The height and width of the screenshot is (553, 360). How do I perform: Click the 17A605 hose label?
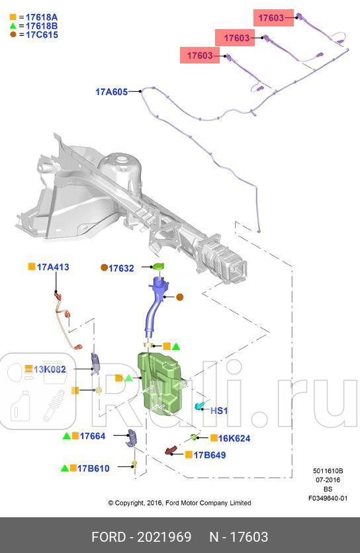point(112,92)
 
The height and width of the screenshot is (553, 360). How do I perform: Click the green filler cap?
point(159,267)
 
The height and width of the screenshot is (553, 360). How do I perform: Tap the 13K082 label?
point(50,369)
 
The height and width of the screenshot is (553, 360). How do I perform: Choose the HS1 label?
point(219,411)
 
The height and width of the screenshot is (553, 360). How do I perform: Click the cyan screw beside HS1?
point(199,406)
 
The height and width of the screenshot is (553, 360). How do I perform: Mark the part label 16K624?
point(234,439)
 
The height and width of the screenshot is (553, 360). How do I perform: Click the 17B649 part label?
point(210,455)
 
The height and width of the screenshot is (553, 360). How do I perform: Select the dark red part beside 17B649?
point(172,450)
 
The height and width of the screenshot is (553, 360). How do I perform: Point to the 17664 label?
point(93,437)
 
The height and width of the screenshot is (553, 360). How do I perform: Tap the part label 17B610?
point(93,468)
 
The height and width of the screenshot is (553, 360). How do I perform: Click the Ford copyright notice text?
point(179,503)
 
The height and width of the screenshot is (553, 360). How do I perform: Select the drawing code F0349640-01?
point(328,498)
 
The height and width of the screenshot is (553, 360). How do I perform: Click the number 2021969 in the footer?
point(164,537)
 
